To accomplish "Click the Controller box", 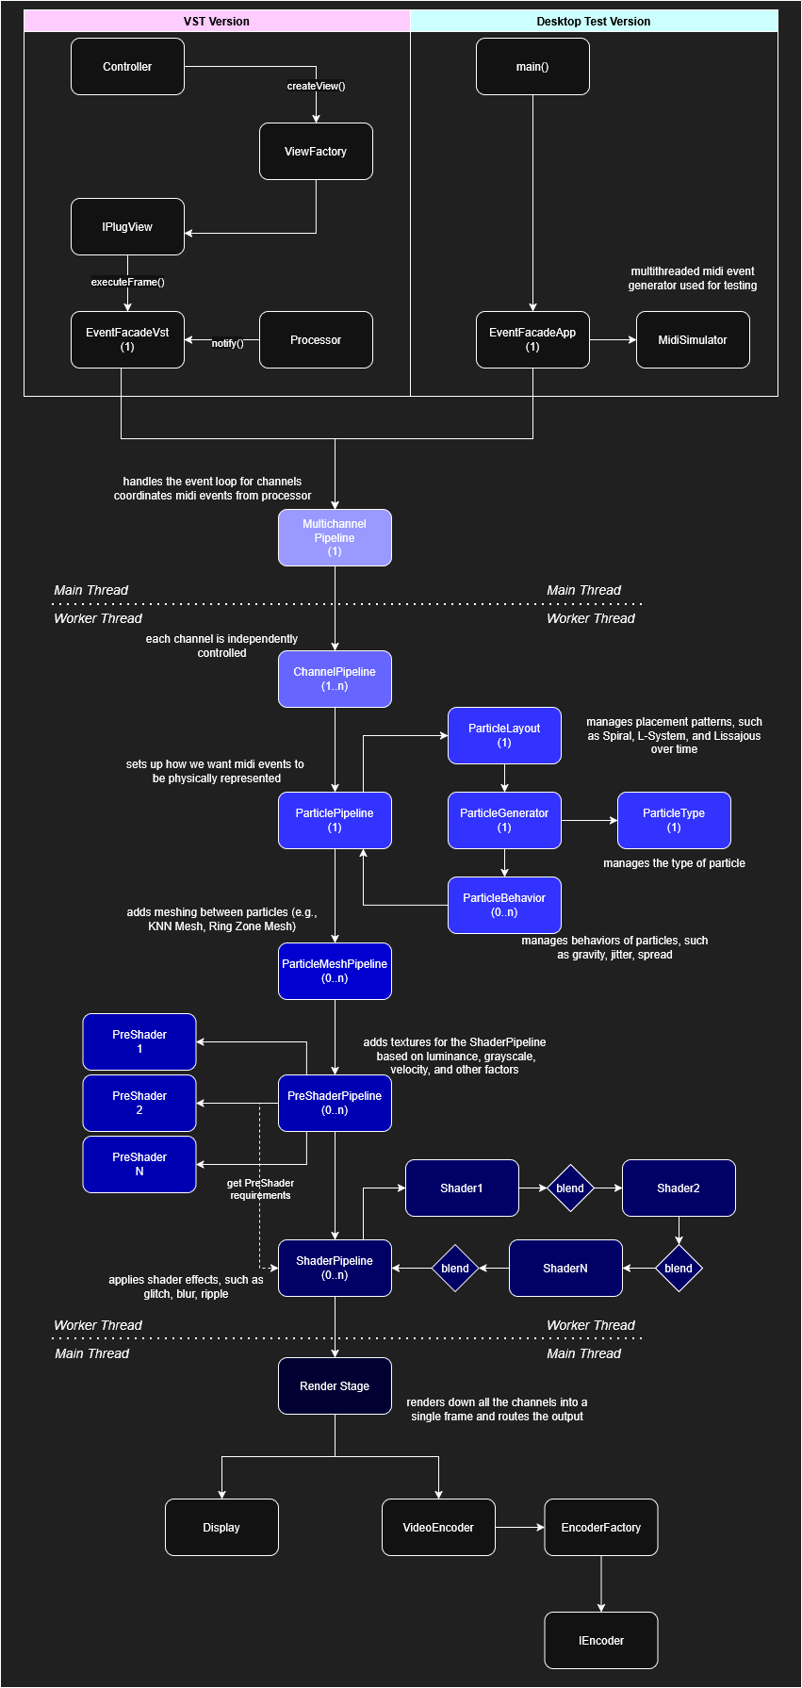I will (127, 67).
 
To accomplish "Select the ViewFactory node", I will (316, 152).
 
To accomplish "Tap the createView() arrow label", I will (316, 86).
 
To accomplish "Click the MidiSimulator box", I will (693, 340).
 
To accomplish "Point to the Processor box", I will (316, 340).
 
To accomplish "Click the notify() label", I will (227, 343).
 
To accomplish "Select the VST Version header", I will (217, 22).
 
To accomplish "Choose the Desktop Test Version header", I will (594, 22).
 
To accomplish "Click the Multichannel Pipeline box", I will (335, 538).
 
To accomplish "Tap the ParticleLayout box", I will (504, 736).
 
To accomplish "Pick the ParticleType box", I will (674, 821).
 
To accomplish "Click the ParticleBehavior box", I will (504, 906).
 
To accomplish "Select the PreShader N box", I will (139, 1165).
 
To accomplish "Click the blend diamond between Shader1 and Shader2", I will (570, 1188).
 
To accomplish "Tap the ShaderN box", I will (565, 1269).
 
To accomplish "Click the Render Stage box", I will (335, 1386).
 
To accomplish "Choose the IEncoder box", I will (601, 1641).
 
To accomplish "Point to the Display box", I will (221, 1528).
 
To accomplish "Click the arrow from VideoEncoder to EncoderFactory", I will (519, 1528).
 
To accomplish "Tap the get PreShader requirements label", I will (260, 1189).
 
